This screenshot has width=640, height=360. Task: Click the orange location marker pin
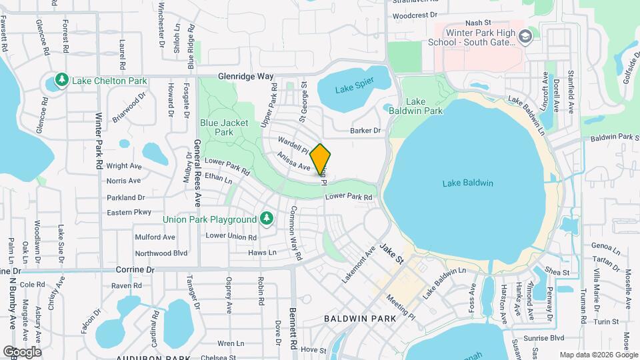click(321, 159)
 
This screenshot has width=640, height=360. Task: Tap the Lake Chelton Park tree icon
click(62, 80)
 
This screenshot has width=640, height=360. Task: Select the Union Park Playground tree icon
click(266, 218)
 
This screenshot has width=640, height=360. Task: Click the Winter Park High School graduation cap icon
click(526, 37)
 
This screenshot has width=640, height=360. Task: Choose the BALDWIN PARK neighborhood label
click(360, 319)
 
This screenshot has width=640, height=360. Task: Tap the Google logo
click(22, 351)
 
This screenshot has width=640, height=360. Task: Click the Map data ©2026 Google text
click(598, 355)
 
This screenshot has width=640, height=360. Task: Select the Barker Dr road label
click(367, 131)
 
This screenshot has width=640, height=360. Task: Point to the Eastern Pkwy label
click(129, 213)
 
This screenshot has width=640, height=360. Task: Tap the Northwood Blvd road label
click(161, 253)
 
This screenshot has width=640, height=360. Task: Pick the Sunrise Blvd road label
click(547, 337)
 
